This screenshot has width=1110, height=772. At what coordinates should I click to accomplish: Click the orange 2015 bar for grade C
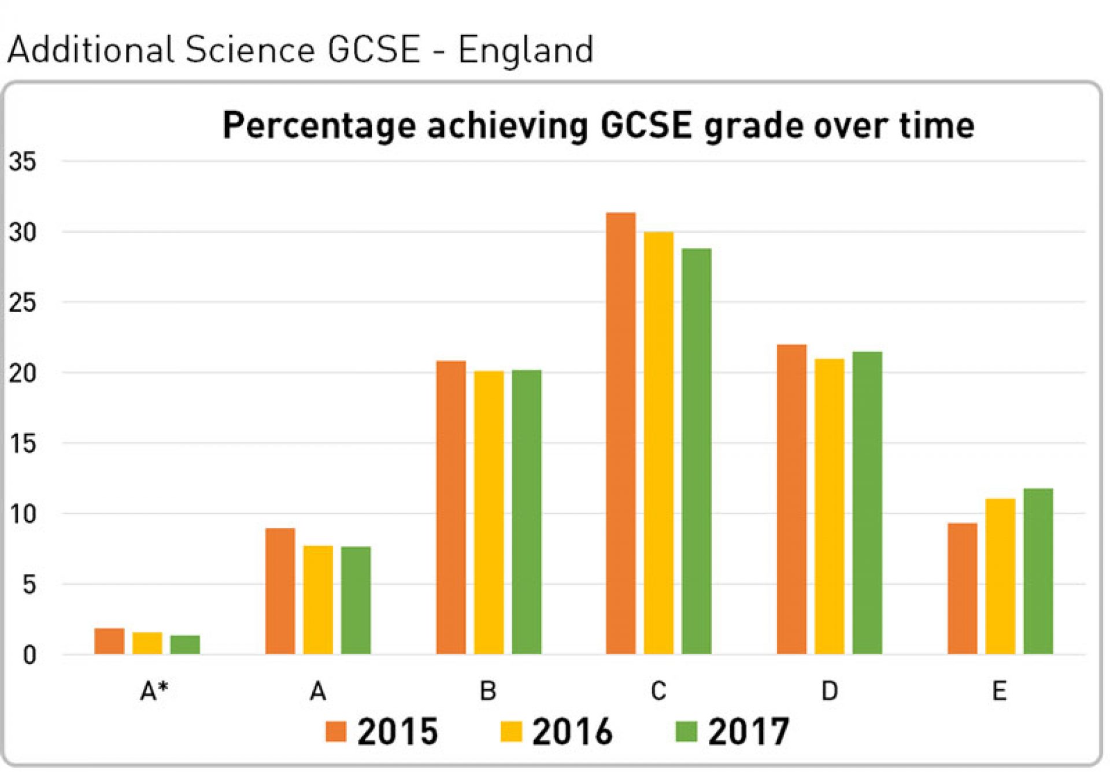tap(621, 433)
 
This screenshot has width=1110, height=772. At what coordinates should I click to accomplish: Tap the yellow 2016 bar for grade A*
tap(147, 643)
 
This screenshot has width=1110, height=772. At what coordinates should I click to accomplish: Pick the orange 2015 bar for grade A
tap(280, 591)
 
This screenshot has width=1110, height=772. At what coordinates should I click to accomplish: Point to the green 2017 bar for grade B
tap(527, 512)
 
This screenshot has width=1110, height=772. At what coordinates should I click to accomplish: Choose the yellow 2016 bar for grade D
tap(830, 506)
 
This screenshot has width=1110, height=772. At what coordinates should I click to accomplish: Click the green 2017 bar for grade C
tap(697, 451)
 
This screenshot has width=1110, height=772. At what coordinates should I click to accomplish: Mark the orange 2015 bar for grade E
tap(963, 588)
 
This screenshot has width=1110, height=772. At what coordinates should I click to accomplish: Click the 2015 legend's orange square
tap(336, 732)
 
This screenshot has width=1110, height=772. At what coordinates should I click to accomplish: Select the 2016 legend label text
tap(572, 732)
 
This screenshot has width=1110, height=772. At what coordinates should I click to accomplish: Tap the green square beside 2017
tap(686, 732)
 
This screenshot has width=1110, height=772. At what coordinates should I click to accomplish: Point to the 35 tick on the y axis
tap(22, 162)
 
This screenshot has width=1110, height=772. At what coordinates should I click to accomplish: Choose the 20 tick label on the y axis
tap(22, 374)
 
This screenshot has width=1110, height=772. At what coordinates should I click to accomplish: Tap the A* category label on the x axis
tap(154, 691)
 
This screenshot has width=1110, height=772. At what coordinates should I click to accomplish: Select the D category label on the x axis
tap(830, 691)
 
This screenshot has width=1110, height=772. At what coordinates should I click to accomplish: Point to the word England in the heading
tap(526, 50)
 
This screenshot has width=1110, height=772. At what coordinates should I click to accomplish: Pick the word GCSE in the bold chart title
tap(646, 125)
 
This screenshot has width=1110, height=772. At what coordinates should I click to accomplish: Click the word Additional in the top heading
tap(90, 50)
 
